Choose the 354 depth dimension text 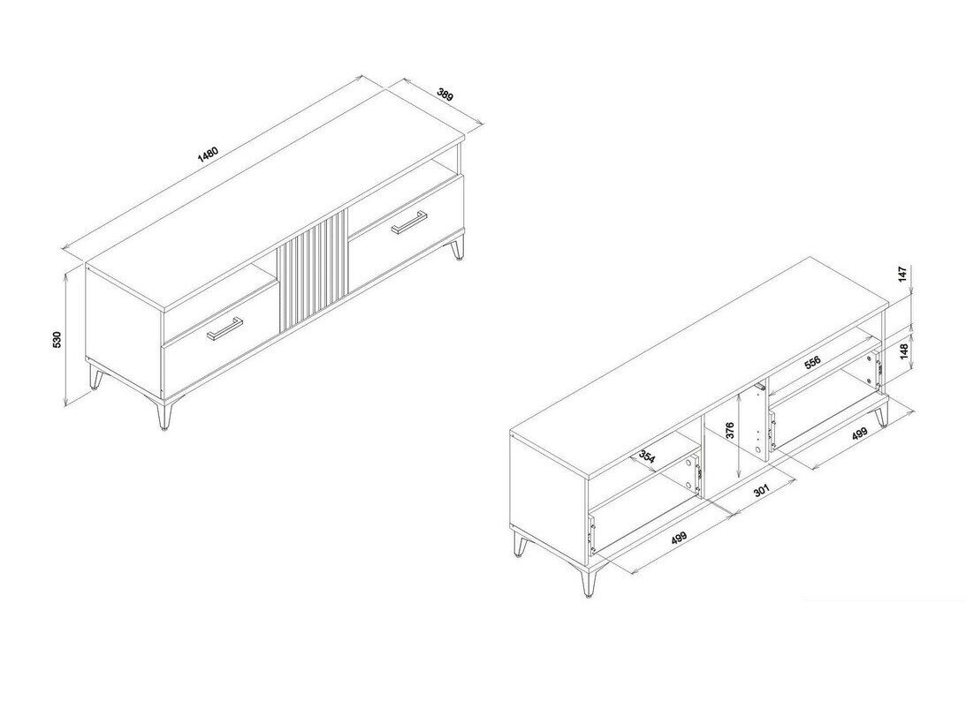point(648,457)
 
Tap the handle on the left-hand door point(224,328)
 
